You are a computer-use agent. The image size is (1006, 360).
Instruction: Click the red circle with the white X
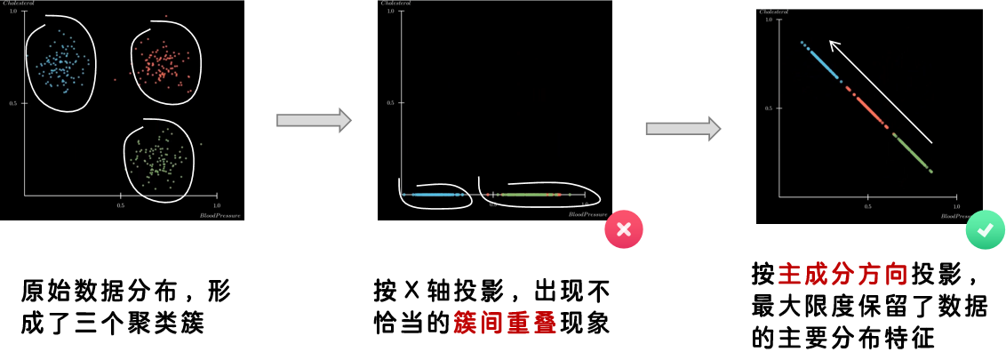[624, 229]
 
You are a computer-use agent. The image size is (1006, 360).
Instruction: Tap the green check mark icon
[985, 229]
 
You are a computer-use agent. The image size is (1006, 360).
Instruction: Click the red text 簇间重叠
[505, 323]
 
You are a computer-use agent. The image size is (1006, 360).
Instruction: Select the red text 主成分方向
[842, 274]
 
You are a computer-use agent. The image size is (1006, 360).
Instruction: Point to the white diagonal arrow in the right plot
[880, 91]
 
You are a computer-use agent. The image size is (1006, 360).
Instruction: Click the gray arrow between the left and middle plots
[314, 120]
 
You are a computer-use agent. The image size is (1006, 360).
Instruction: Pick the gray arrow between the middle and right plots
[683, 128]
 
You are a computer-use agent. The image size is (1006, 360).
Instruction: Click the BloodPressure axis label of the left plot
[220, 215]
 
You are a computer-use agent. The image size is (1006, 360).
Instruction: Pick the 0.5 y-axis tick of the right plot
[769, 108]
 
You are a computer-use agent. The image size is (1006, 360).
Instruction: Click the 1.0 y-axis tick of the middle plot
[390, 11]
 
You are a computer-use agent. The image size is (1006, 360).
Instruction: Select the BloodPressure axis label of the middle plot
[587, 214]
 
